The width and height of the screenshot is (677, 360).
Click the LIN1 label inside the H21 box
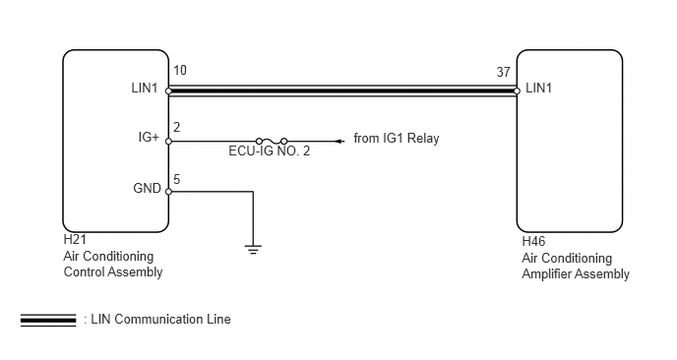point(146,90)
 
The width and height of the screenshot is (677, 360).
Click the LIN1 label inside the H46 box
point(540,89)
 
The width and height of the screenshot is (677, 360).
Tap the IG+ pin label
point(148,138)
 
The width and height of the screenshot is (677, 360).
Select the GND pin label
point(147,188)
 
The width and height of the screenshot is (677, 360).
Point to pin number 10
point(179,72)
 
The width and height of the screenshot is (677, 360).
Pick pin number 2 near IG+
point(176,127)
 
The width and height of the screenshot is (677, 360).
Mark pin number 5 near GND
point(176,179)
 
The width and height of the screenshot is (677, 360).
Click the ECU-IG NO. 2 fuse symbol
point(270,141)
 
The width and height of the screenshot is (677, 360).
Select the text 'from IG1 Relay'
point(397,139)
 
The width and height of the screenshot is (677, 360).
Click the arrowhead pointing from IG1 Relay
point(338,141)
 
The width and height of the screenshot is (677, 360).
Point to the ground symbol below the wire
point(253,249)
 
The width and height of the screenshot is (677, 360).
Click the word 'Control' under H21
point(83,271)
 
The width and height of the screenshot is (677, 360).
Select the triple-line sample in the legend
point(48,320)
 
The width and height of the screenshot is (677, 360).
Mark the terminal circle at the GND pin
point(168,192)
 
